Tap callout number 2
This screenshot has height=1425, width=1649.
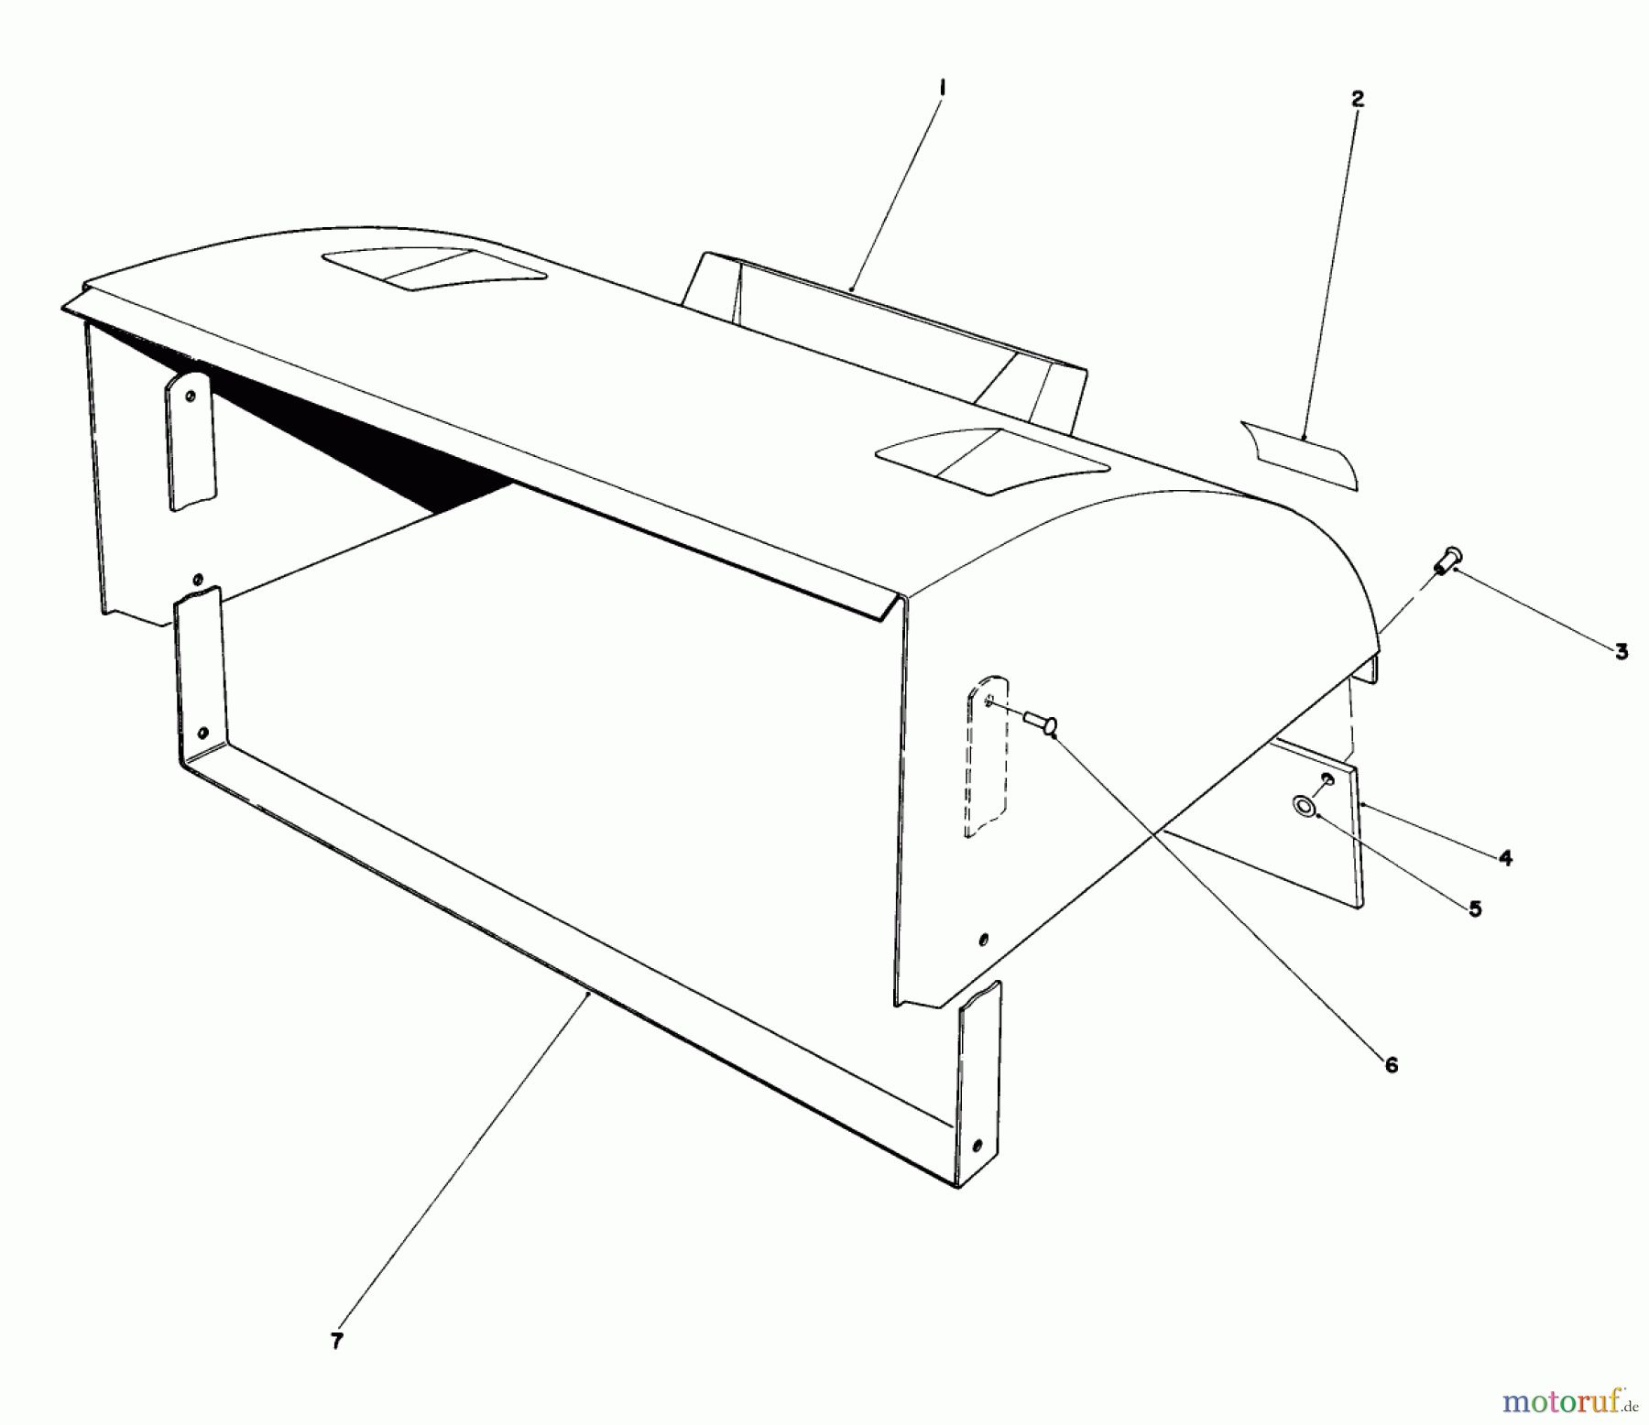coord(1357,99)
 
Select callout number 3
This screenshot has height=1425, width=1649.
coord(1621,651)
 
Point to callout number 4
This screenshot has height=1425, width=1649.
coord(1505,858)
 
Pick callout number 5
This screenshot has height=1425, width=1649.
coord(1474,909)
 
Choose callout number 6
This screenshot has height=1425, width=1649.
coord(1392,1064)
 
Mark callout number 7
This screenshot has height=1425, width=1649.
coord(337,1341)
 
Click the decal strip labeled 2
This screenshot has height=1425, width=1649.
coord(1301,453)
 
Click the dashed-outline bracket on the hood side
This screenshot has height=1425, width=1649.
coord(986,756)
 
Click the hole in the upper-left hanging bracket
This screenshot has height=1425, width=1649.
coord(191,397)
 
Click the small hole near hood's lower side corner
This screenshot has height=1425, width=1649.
coord(983,940)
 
